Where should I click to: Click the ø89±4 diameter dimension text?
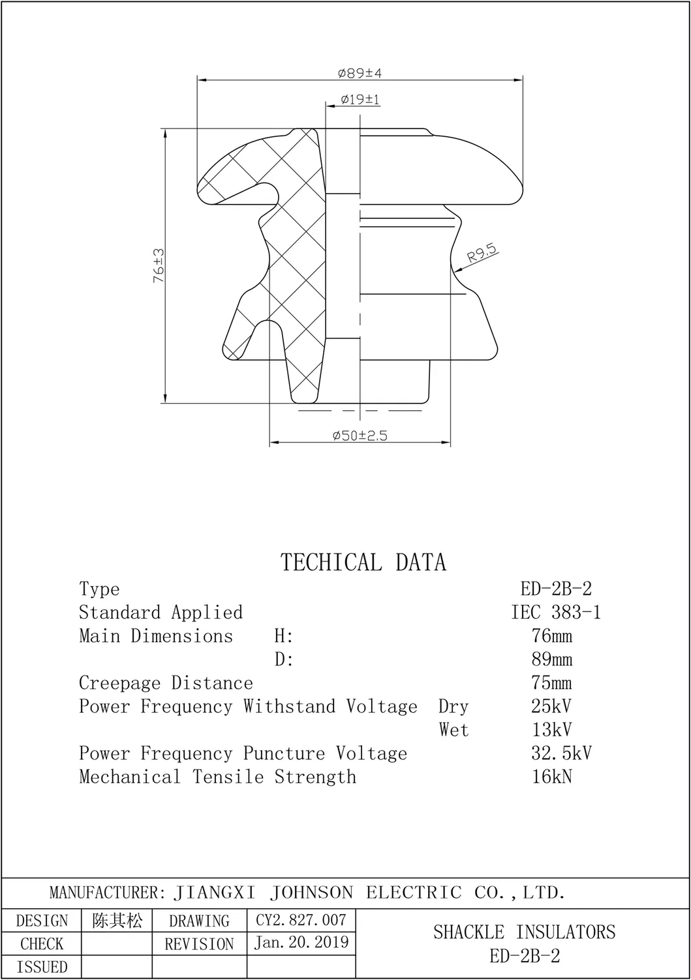pyautogui.click(x=360, y=73)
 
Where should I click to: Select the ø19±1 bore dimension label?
pyautogui.click(x=360, y=100)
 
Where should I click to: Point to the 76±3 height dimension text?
pyautogui.click(x=159, y=265)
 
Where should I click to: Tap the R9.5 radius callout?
pyautogui.click(x=482, y=253)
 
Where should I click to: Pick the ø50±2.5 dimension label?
pyautogui.click(x=360, y=436)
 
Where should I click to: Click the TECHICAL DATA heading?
pyautogui.click(x=363, y=563)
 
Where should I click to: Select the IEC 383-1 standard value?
pyautogui.click(x=556, y=612)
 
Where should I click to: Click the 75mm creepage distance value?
pyautogui.click(x=552, y=683)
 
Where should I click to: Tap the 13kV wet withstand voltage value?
pyautogui.click(x=552, y=730)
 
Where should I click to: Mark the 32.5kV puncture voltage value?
pyautogui.click(x=561, y=753)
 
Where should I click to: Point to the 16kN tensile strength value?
pyautogui.click(x=552, y=777)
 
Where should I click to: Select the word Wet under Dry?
pyautogui.click(x=453, y=730)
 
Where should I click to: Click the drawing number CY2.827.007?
pyautogui.click(x=301, y=920)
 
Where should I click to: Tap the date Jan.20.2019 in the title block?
pyautogui.click(x=301, y=942)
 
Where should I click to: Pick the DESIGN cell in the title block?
pyautogui.click(x=42, y=921)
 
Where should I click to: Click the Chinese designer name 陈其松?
pyautogui.click(x=117, y=921)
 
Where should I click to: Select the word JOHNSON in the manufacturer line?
pyautogui.click(x=311, y=893)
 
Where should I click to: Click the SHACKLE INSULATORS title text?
pyautogui.click(x=524, y=932)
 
